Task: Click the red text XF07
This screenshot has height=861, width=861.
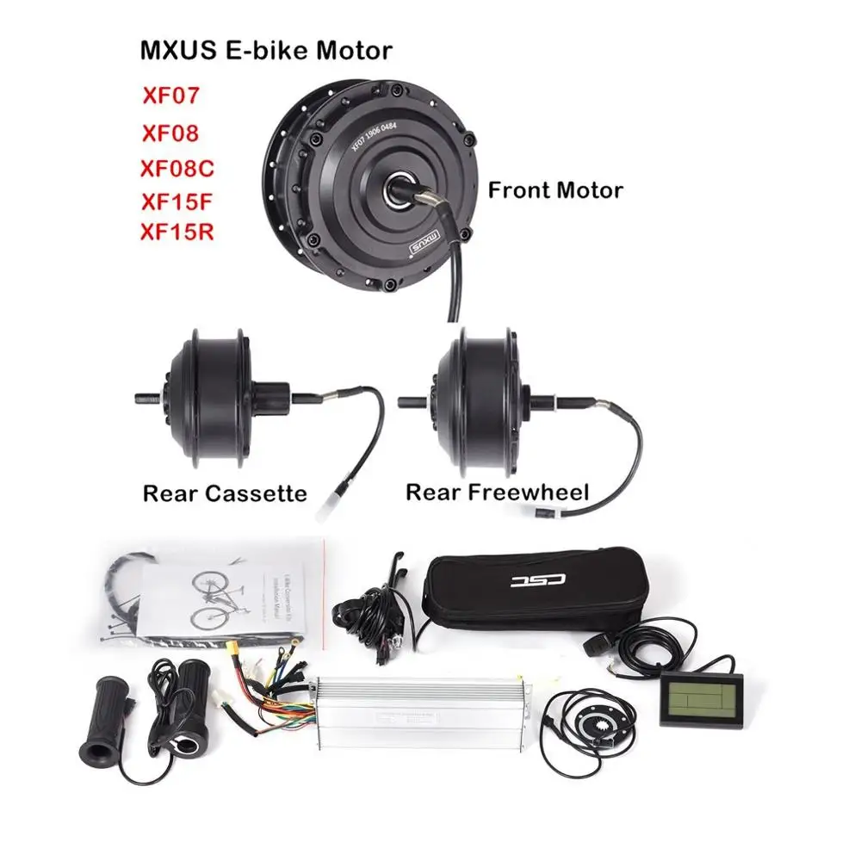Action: coord(170,95)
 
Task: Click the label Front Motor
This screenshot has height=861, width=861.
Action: coord(555,189)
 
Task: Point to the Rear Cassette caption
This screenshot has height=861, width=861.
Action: coord(225,493)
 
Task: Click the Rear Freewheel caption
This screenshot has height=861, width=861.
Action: coord(497,492)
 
